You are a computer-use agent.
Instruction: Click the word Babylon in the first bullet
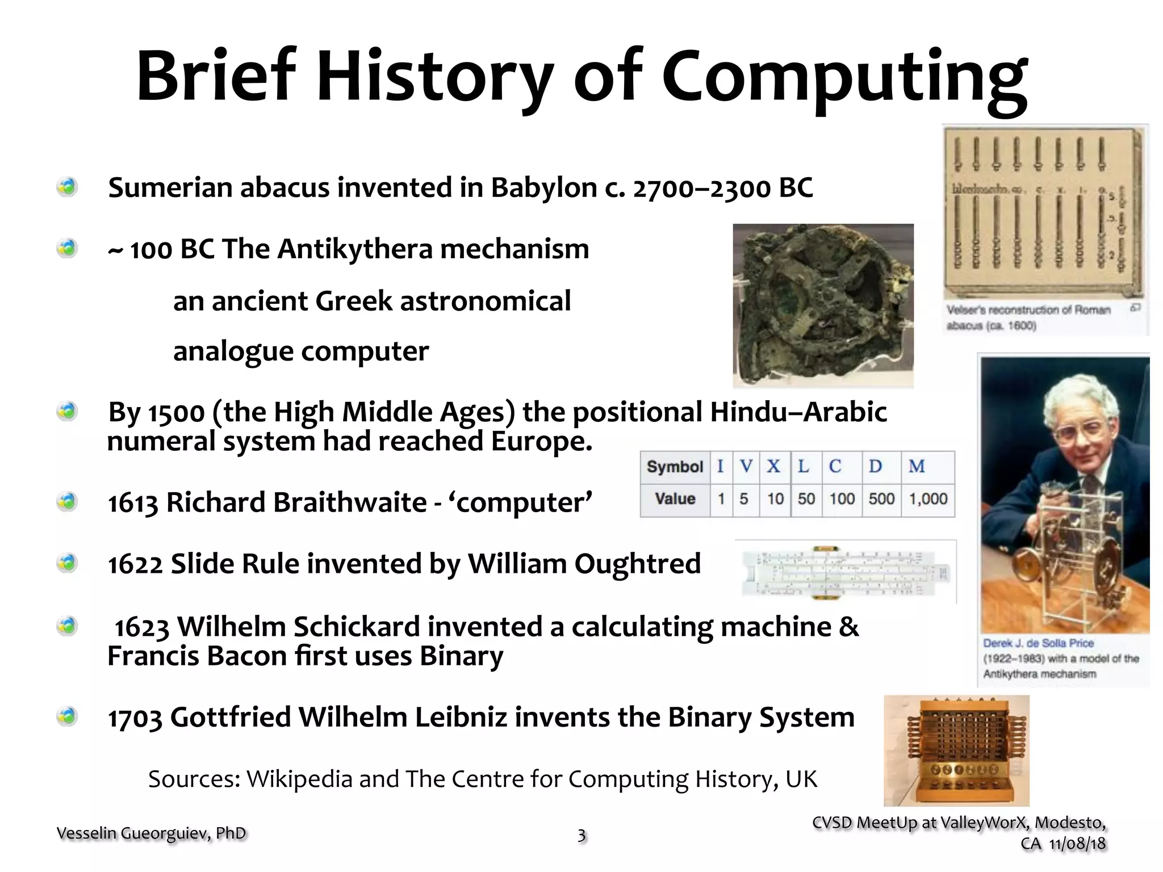pos(543,188)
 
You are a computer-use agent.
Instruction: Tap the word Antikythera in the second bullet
pos(355,249)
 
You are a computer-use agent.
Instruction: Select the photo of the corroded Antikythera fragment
pos(823,305)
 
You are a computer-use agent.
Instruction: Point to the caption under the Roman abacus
pos(1028,317)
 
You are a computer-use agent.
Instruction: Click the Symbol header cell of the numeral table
pos(675,467)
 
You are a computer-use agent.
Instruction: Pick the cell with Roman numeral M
pos(917,467)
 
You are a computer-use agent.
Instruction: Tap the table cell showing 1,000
pos(928,499)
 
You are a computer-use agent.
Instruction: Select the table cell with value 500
pos(881,499)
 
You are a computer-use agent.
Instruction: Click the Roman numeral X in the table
pos(773,467)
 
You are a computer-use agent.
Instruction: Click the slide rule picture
pos(846,573)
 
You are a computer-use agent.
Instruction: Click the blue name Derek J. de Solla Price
pos(1039,643)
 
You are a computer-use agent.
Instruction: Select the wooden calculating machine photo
pos(956,751)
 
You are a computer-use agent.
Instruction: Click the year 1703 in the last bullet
pos(135,718)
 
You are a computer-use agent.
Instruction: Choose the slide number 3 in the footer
pos(581,835)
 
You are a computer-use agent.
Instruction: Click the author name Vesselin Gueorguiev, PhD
pos(151,833)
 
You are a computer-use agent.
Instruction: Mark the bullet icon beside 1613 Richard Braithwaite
pos(67,502)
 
